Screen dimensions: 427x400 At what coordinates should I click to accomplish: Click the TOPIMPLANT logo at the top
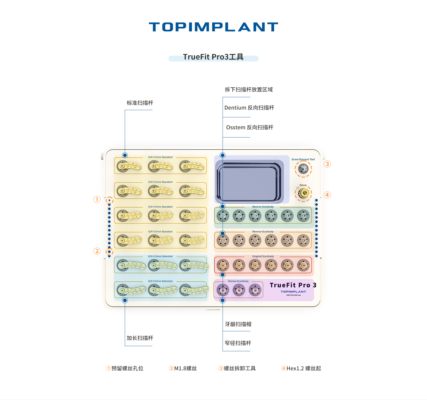(x=213, y=27)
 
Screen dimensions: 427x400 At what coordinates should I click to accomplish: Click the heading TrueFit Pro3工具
(x=213, y=57)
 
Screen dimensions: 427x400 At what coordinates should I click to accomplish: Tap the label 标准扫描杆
(x=140, y=103)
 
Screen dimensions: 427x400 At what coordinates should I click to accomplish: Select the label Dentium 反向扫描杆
(x=249, y=108)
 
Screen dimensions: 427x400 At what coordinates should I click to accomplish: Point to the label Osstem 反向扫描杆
(x=250, y=127)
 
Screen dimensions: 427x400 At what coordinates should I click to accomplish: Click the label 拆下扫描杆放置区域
(x=249, y=89)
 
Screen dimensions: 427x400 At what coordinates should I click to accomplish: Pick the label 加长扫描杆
(x=140, y=338)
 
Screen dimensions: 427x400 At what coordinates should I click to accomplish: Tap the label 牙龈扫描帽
(x=238, y=324)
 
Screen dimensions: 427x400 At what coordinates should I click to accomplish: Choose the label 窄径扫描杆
(x=238, y=343)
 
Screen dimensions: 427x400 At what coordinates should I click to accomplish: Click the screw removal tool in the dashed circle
(x=303, y=169)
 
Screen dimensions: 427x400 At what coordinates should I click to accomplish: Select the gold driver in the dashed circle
(x=303, y=193)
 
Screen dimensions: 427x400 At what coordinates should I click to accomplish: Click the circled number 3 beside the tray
(x=327, y=164)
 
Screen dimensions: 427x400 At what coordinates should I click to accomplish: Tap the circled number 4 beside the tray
(x=327, y=195)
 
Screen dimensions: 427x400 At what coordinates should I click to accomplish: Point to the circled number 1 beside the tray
(x=97, y=199)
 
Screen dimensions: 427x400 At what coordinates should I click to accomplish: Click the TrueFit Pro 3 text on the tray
(x=293, y=285)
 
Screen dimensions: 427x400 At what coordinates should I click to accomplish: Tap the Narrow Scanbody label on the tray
(x=238, y=281)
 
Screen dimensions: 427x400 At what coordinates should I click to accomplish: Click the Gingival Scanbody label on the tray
(x=263, y=256)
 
